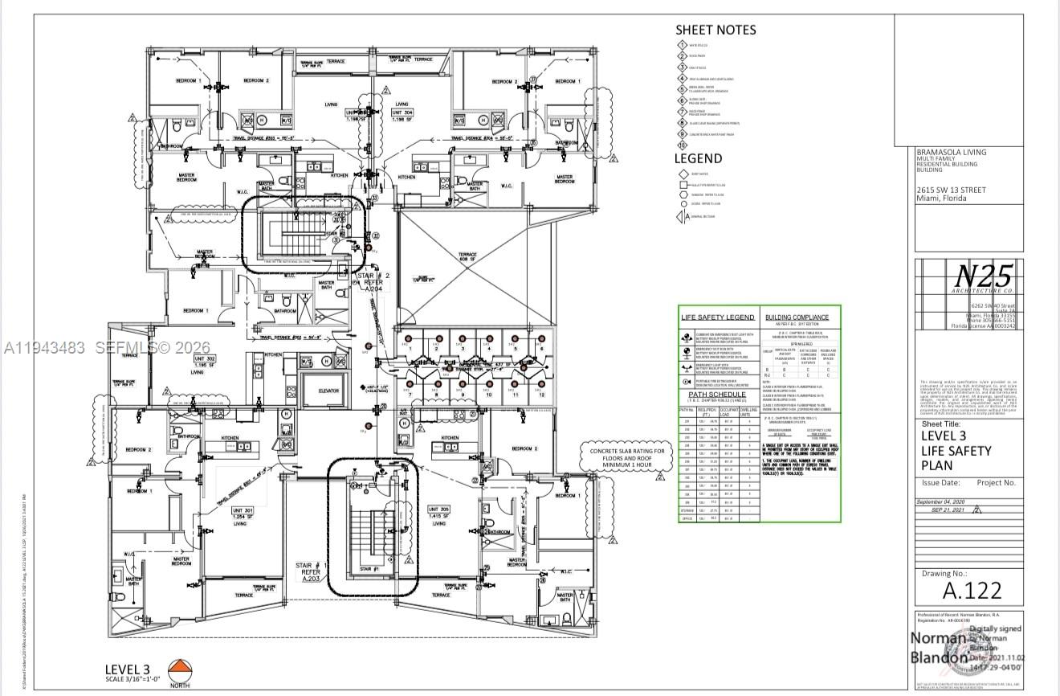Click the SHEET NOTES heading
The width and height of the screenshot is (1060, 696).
tap(715, 30)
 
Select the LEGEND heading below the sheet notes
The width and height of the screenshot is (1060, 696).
tap(698, 158)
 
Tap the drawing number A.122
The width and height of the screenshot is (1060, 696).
tap(972, 591)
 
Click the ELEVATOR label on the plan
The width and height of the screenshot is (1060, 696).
tap(330, 391)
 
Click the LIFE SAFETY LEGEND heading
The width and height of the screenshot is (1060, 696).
tap(718, 317)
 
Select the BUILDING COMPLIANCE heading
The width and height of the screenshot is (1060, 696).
tap(797, 317)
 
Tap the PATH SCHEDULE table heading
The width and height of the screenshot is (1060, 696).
tap(718, 395)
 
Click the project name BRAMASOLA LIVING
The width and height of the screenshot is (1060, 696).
tap(952, 152)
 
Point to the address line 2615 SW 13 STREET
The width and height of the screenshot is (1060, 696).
tap(952, 190)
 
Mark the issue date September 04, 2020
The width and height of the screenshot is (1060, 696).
tap(948, 502)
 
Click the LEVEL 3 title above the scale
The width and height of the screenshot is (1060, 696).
tap(128, 669)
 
